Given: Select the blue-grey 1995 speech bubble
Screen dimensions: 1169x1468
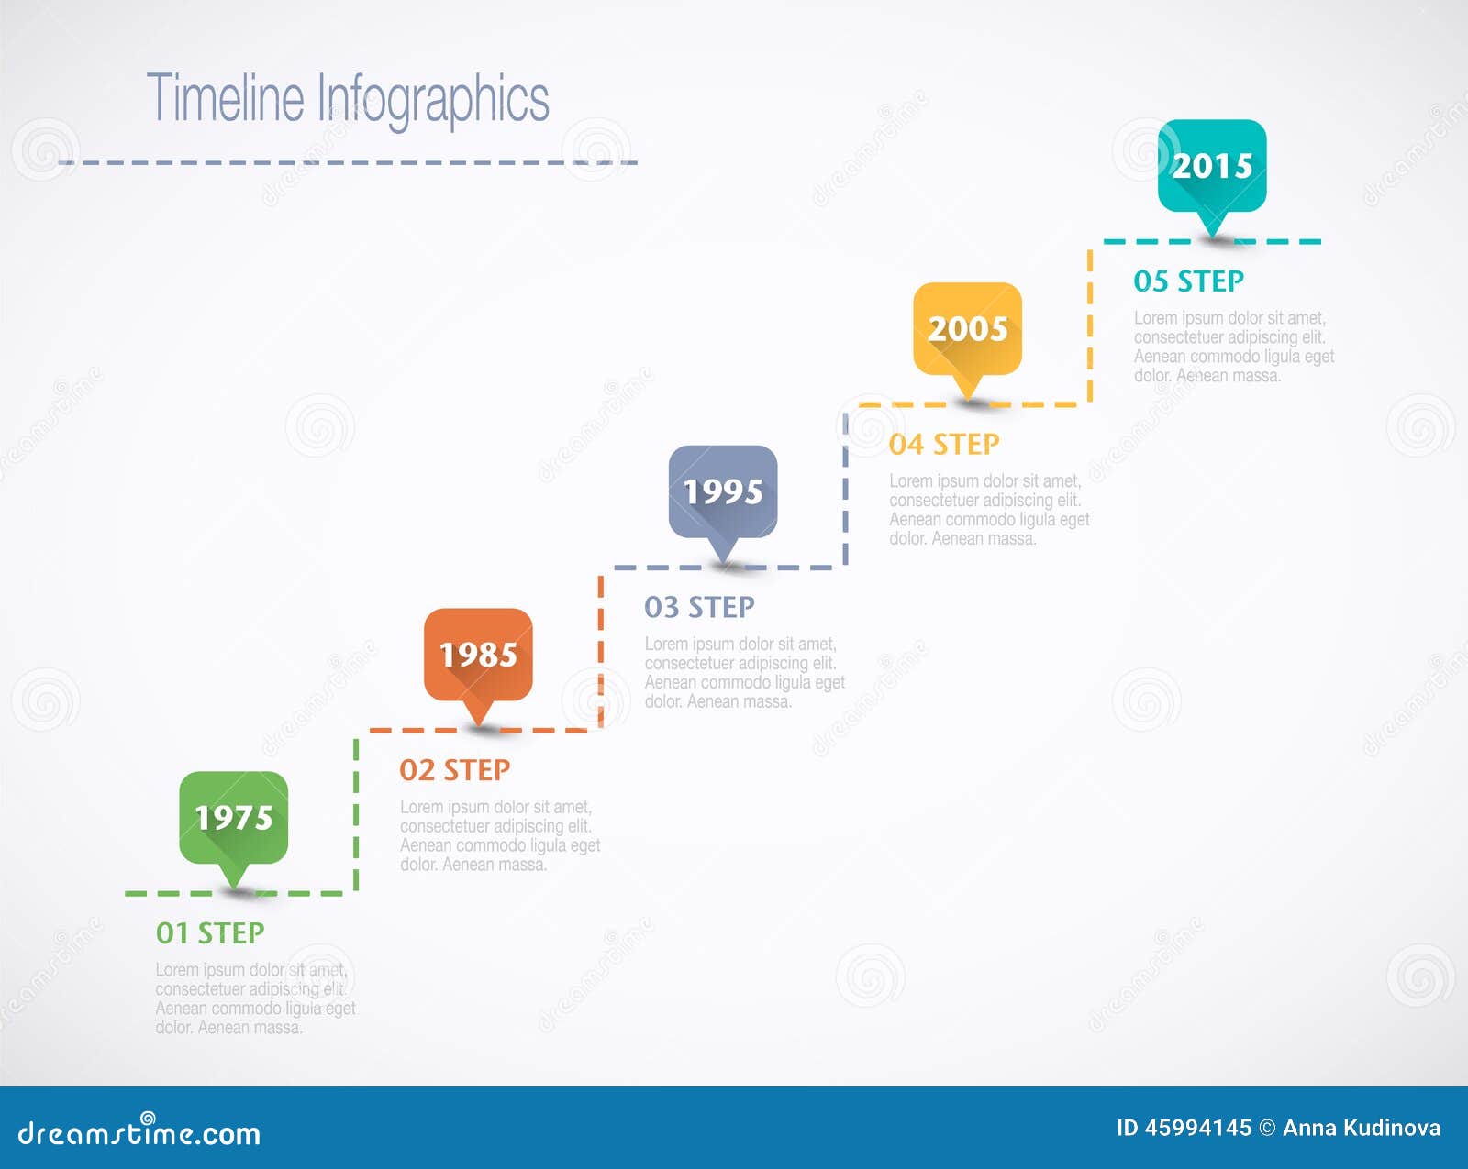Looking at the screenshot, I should tap(723, 491).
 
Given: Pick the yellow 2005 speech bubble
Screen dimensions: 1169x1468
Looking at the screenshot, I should tap(967, 328).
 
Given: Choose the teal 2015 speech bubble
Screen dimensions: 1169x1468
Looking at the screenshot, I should tap(1212, 166).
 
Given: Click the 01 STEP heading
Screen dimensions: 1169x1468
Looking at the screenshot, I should tap(210, 932).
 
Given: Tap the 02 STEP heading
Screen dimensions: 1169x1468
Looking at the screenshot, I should tap(454, 770).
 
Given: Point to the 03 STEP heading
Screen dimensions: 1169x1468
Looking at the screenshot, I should tap(699, 607).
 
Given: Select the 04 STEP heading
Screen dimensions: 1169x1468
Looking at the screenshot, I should tap(944, 444).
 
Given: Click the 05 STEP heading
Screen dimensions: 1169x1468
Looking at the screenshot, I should tap(1188, 281).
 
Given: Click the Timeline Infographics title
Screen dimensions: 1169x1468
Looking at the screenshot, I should tap(348, 98).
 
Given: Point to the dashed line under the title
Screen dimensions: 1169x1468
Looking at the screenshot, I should tap(348, 162).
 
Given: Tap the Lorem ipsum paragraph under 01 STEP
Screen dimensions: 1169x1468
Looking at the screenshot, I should tap(254, 998).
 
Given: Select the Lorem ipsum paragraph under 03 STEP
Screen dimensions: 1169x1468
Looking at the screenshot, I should tap(743, 673).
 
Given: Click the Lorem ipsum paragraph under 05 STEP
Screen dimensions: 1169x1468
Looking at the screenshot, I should tap(1233, 347).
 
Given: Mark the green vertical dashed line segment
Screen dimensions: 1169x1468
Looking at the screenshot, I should tap(356, 812).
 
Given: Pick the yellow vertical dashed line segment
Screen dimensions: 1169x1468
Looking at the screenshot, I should tap(1090, 323).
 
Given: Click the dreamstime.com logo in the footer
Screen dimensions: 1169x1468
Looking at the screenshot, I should tap(139, 1132).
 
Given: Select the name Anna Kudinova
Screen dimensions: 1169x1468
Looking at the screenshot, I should tap(1362, 1128).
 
